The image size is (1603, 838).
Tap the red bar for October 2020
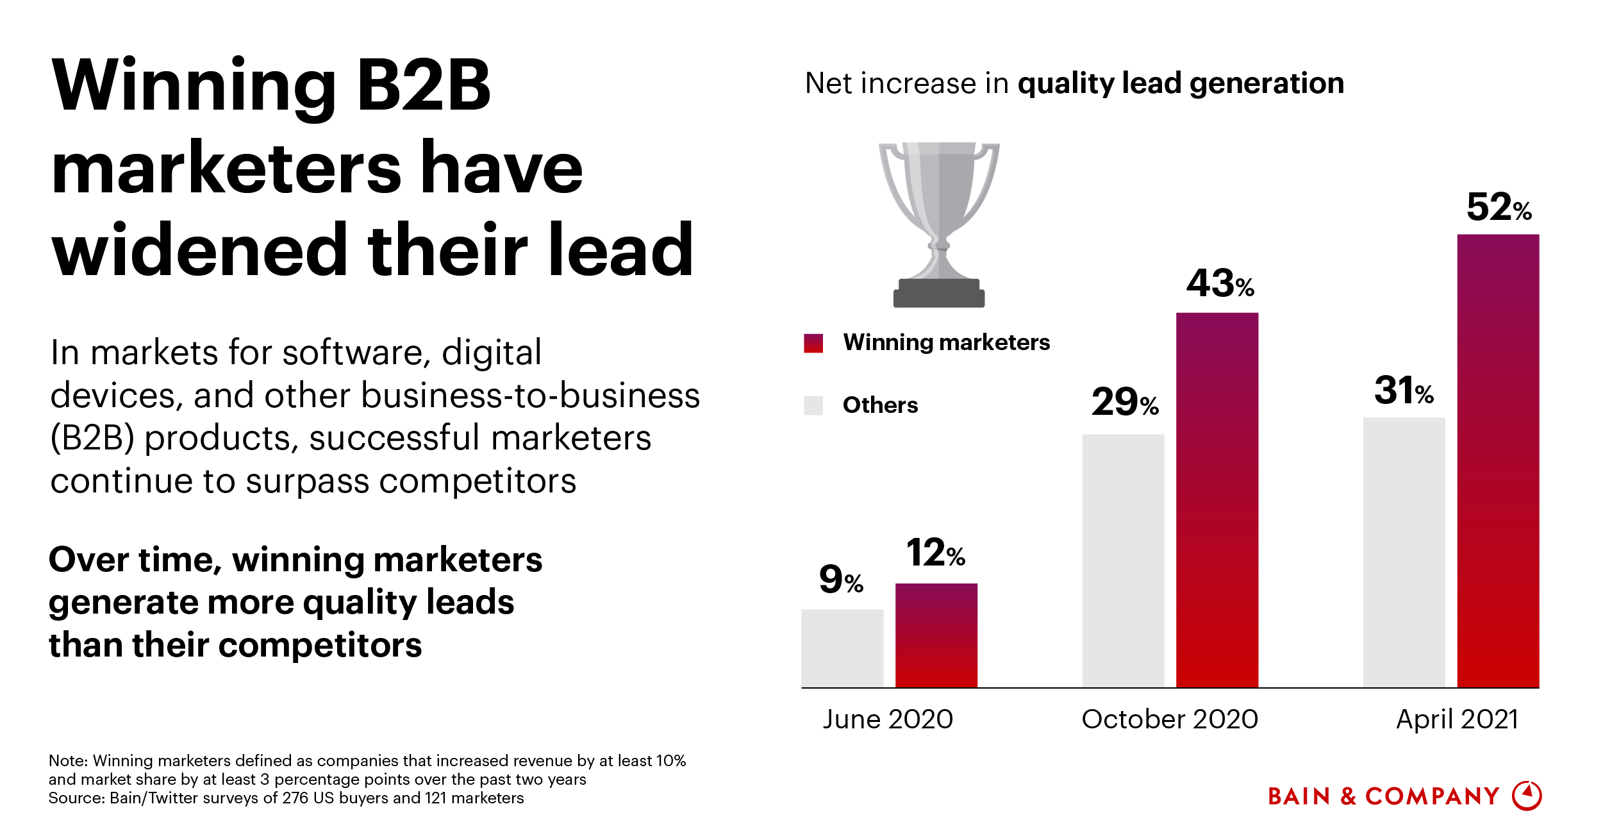(x=1217, y=499)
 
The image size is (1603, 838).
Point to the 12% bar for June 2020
(x=936, y=635)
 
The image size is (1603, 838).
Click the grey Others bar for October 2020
(x=1123, y=560)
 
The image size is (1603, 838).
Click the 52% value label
(x=1499, y=207)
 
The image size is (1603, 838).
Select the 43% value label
(x=1220, y=283)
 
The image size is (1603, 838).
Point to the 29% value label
(x=1125, y=403)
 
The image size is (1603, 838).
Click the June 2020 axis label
(x=888, y=719)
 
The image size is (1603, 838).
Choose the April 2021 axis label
(x=1457, y=719)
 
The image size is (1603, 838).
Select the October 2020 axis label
(x=1170, y=719)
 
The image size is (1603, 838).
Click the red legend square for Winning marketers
(x=813, y=343)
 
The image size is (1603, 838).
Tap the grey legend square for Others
(x=813, y=405)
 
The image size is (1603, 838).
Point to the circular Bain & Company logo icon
(x=1527, y=796)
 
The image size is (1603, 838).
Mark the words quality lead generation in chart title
(x=1181, y=83)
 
